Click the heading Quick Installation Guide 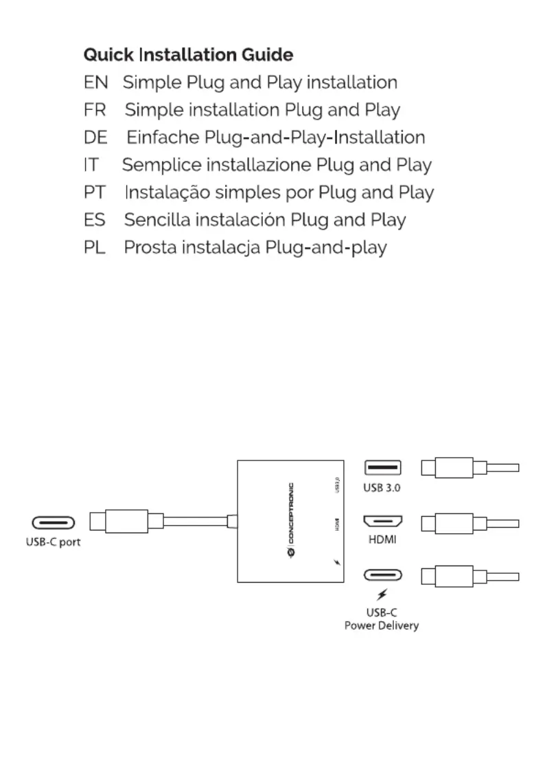(x=188, y=54)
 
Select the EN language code (x=95, y=82)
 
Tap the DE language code (x=95, y=137)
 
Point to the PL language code (x=95, y=247)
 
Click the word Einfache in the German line (x=163, y=137)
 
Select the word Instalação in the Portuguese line (x=167, y=192)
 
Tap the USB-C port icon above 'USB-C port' (x=53, y=524)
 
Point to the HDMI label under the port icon (x=382, y=540)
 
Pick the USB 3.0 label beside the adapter (x=382, y=487)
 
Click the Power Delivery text (x=382, y=626)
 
